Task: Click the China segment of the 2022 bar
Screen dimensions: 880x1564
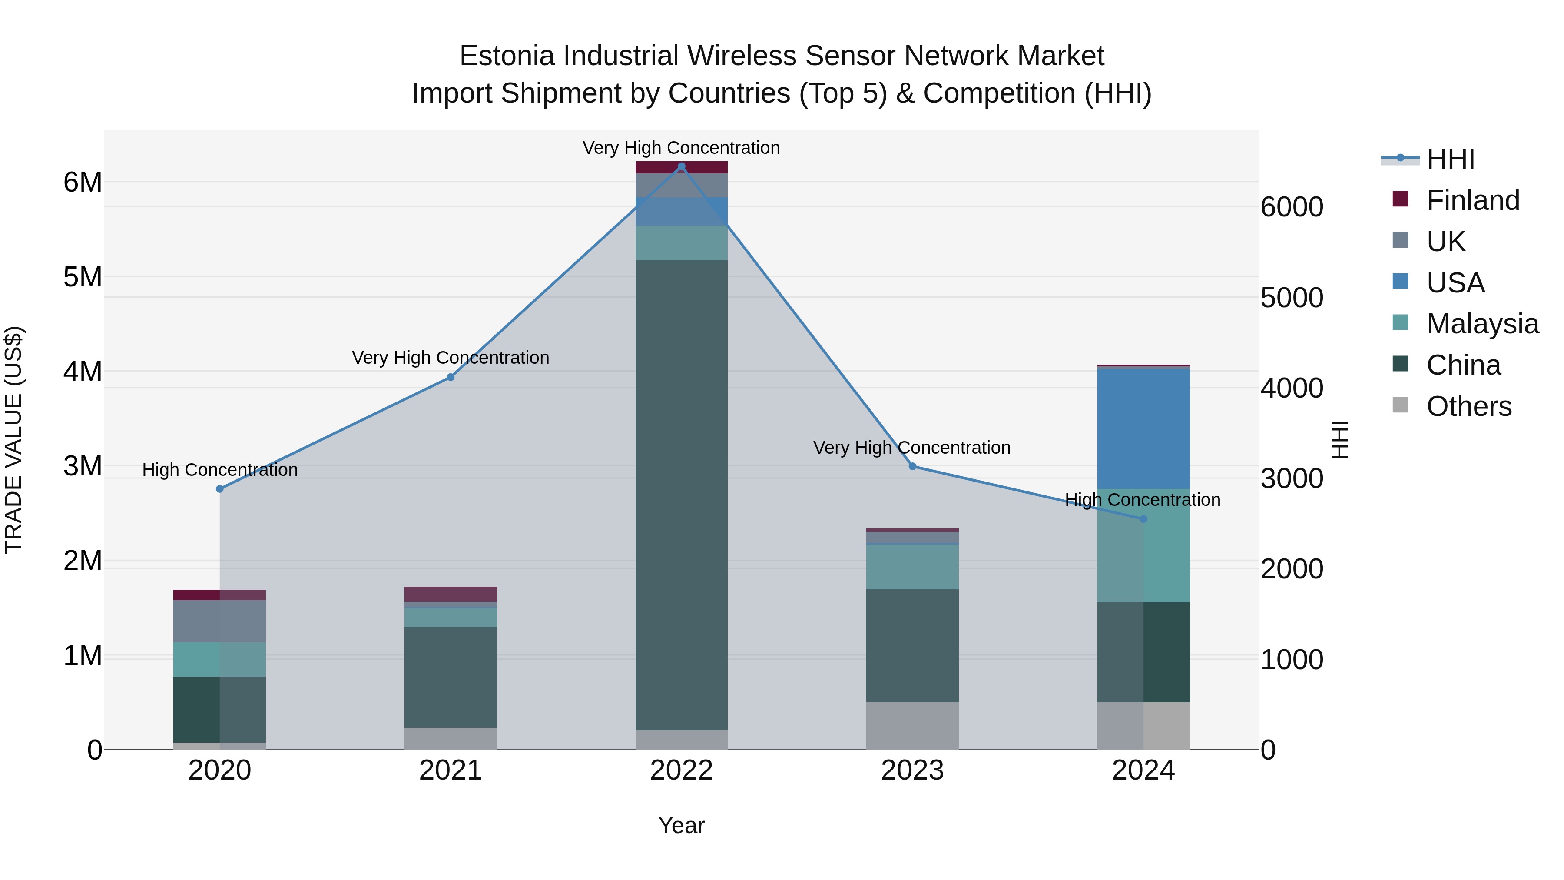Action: (x=681, y=495)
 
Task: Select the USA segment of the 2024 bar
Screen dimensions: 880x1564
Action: (x=1143, y=428)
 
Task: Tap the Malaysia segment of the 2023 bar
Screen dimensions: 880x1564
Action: (x=912, y=567)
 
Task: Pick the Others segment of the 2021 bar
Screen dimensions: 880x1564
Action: (x=451, y=738)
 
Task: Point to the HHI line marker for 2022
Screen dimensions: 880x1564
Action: (x=681, y=166)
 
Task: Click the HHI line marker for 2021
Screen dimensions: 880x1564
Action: (x=451, y=377)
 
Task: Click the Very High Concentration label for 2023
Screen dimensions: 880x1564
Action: (x=912, y=448)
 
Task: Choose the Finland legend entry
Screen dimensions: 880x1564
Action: (x=1472, y=200)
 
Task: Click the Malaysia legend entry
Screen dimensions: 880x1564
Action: (x=1482, y=324)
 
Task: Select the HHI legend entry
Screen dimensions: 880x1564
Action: (x=1450, y=159)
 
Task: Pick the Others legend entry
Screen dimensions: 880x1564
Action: (x=1468, y=406)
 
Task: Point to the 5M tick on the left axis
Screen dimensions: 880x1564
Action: (x=83, y=277)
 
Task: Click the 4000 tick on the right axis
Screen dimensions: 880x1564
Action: (x=1292, y=388)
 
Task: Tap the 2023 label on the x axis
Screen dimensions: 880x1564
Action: (x=912, y=770)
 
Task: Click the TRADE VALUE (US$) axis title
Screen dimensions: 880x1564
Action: (x=13, y=440)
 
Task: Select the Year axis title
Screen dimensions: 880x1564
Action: (x=681, y=825)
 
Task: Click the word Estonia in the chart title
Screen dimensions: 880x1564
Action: (x=507, y=56)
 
